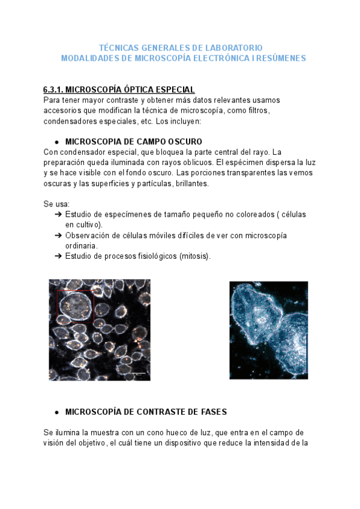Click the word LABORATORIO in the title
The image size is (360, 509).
232,47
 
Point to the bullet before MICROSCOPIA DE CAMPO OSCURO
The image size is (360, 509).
56,142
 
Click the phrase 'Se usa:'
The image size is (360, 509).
56,205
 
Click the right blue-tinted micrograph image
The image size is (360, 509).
268,330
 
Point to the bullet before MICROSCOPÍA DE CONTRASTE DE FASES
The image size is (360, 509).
56,412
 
